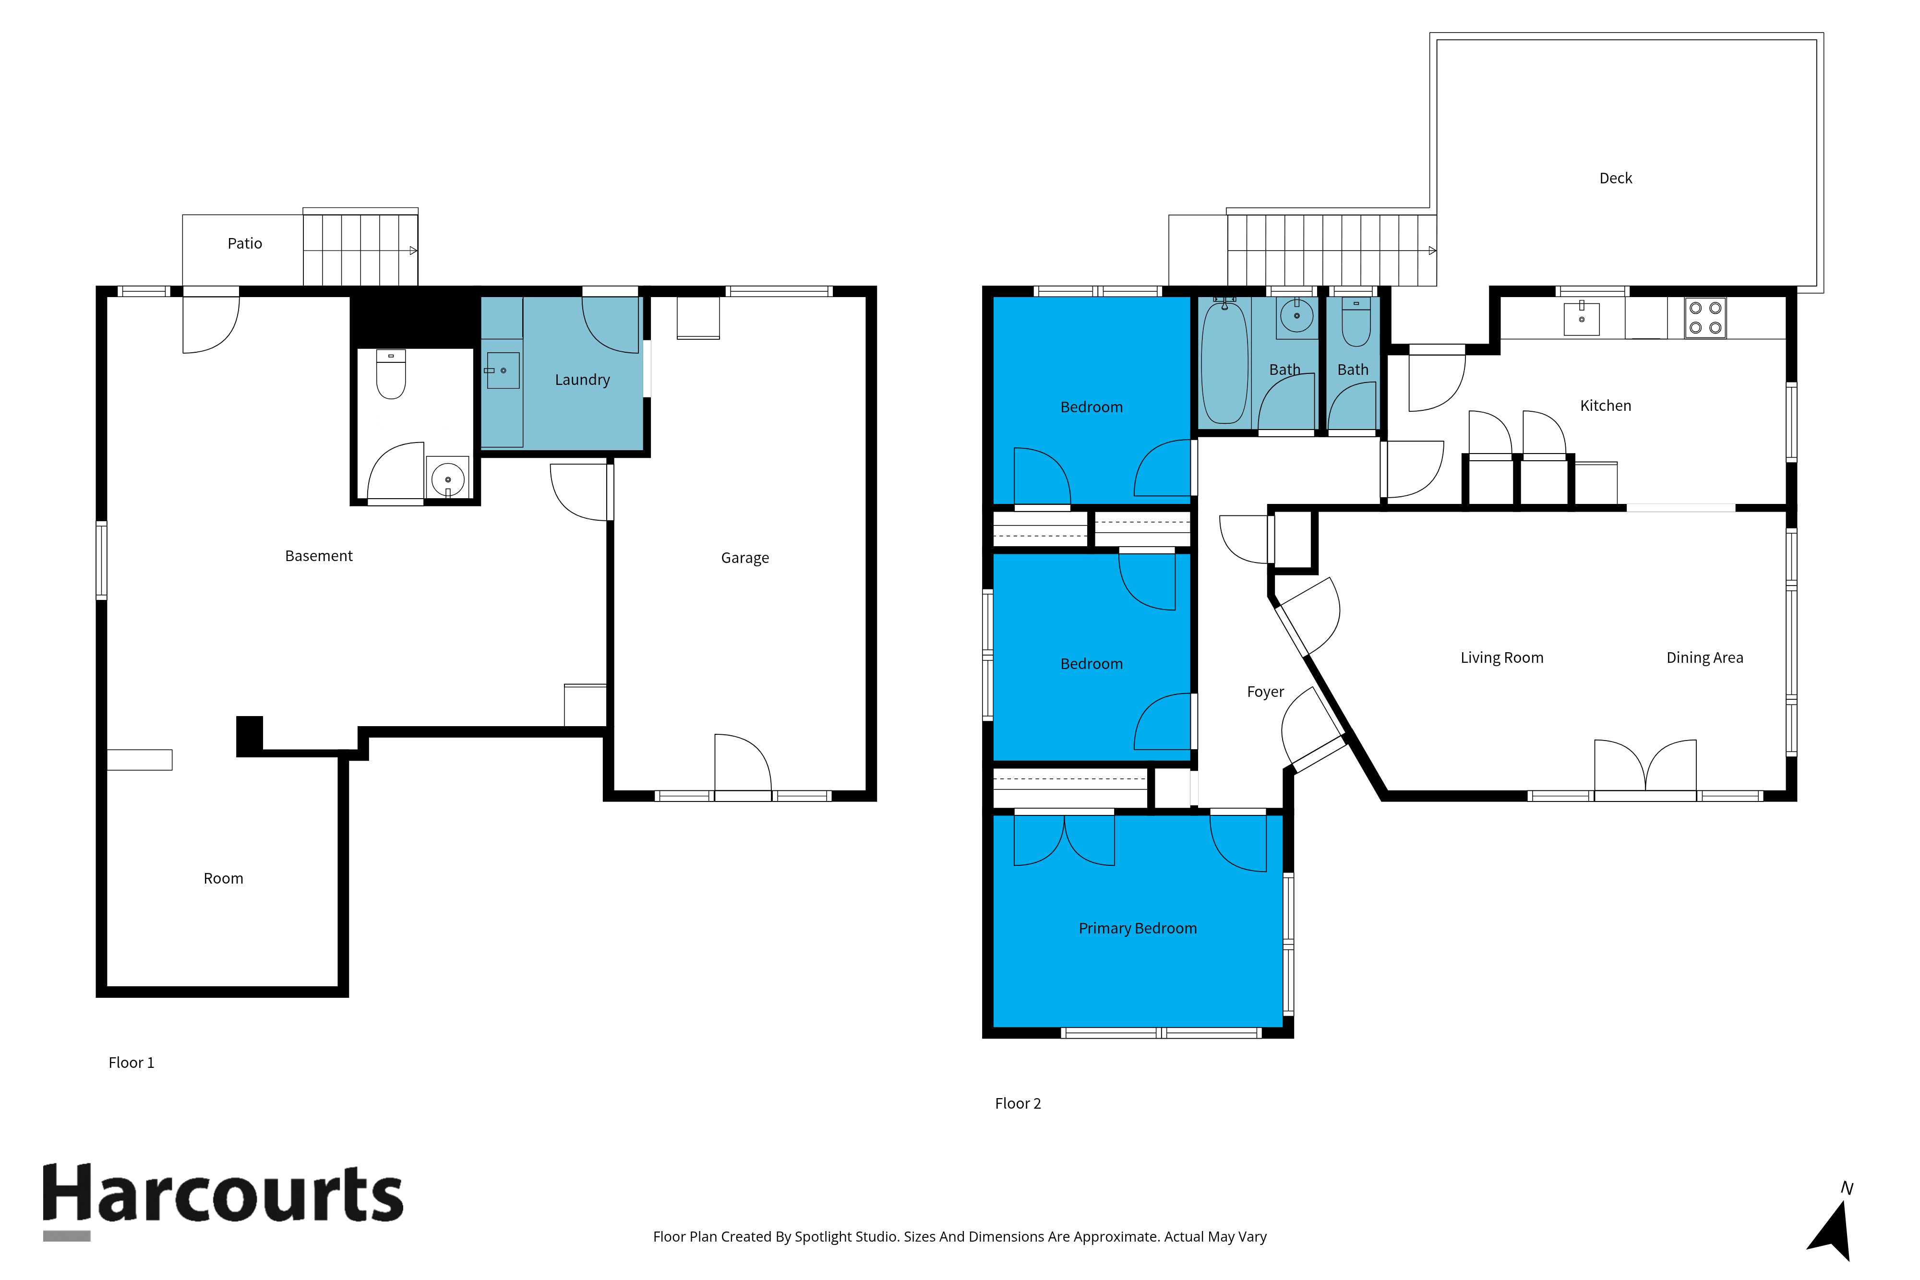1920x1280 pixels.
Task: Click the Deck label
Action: click(1615, 178)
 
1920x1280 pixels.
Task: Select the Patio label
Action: click(244, 243)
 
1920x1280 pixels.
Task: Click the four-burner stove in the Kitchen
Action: click(1704, 318)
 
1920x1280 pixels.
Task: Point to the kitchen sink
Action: click(1581, 318)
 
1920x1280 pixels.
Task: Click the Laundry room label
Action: click(582, 380)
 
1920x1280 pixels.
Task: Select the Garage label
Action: click(744, 558)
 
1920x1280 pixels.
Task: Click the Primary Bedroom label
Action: click(1137, 928)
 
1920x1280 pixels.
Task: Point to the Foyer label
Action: click(1264, 692)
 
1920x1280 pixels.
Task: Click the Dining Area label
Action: click(1704, 657)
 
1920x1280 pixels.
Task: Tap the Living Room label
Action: click(1501, 657)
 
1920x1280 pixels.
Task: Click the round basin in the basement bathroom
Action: click(447, 479)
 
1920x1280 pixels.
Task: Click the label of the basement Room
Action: click(223, 878)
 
